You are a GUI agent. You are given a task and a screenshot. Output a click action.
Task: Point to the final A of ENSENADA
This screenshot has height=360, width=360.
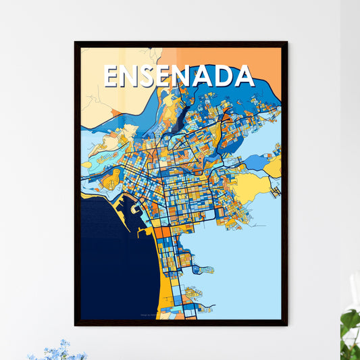[x=244, y=76]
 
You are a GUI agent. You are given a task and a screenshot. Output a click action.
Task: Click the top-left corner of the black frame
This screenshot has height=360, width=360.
[x=75, y=42]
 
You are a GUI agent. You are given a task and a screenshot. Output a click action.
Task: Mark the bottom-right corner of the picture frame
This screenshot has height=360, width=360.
[x=287, y=326]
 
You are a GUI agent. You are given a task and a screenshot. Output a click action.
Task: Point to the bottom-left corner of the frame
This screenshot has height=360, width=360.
[x=75, y=326]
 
